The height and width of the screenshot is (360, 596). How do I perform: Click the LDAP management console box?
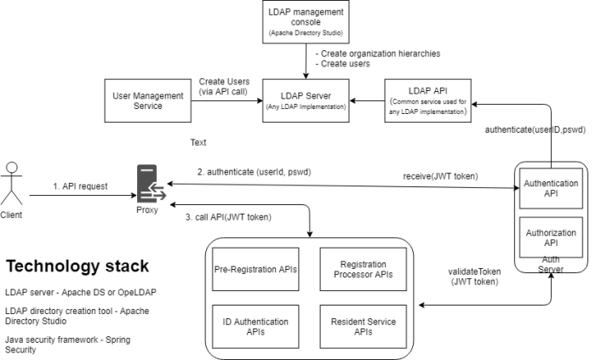click(x=305, y=23)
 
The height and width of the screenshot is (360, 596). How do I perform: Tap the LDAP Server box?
click(x=305, y=100)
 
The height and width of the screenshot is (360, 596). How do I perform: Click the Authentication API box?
click(x=551, y=188)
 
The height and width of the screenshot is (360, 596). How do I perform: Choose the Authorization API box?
click(x=551, y=235)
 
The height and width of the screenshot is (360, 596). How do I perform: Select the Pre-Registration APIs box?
click(x=255, y=270)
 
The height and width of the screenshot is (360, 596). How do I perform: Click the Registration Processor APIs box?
click(x=364, y=270)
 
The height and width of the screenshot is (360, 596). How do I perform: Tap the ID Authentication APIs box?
click(x=255, y=327)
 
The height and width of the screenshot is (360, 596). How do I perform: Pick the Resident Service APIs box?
click(x=364, y=327)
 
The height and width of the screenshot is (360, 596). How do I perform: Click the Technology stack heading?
click(x=77, y=266)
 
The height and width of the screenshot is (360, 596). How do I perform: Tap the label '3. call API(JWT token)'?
click(x=228, y=217)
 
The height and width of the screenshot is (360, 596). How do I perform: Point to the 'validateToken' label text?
click(x=475, y=271)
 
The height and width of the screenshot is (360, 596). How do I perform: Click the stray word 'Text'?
click(x=198, y=142)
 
